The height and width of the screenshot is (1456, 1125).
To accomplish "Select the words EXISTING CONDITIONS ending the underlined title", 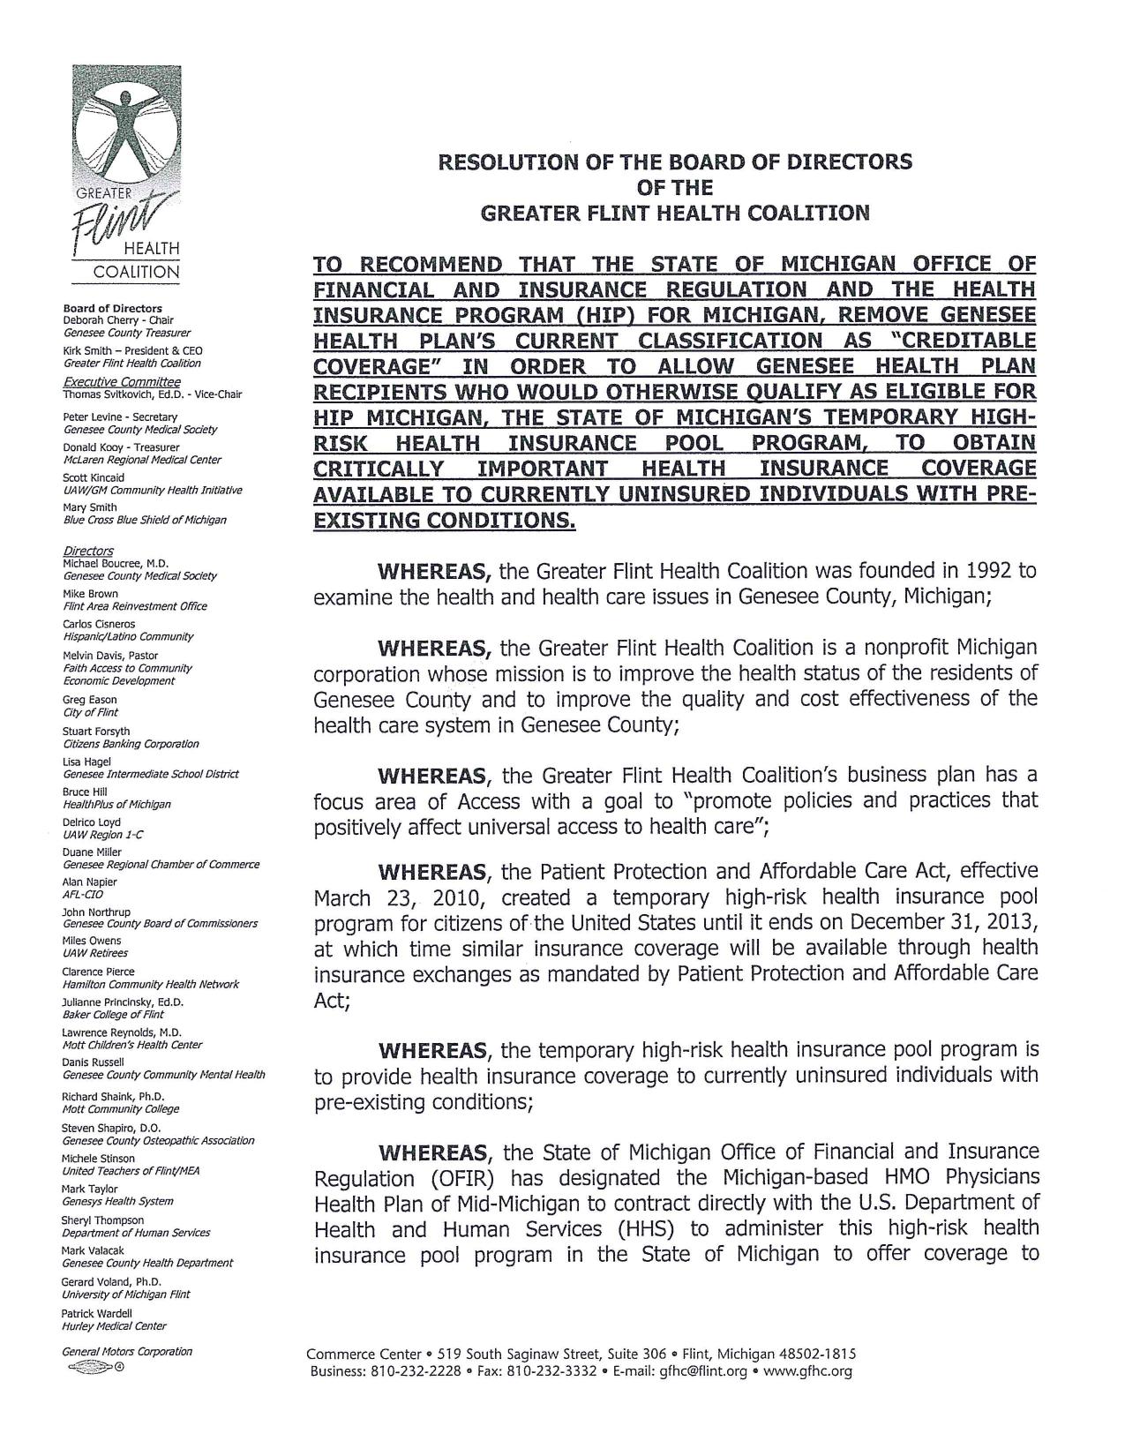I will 444,520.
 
